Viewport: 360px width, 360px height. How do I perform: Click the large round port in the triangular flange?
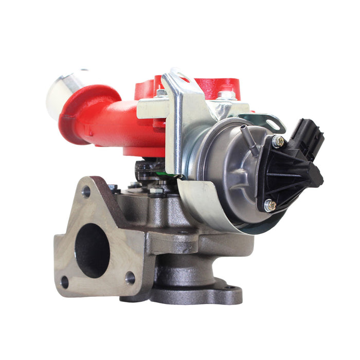coord(93,250)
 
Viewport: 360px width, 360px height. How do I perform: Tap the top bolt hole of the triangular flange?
coord(86,192)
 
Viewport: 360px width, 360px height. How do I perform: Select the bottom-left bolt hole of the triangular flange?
coord(65,281)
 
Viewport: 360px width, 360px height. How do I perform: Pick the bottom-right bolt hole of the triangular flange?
coord(130,278)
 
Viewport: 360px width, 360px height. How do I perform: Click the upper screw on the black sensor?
coord(278,141)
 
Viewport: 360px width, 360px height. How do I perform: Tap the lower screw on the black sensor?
coord(269,205)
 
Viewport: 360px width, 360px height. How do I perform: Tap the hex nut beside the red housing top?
coord(226,95)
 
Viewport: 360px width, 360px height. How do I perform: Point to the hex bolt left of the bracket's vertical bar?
coord(161,94)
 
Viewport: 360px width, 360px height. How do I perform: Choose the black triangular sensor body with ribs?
coord(288,175)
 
